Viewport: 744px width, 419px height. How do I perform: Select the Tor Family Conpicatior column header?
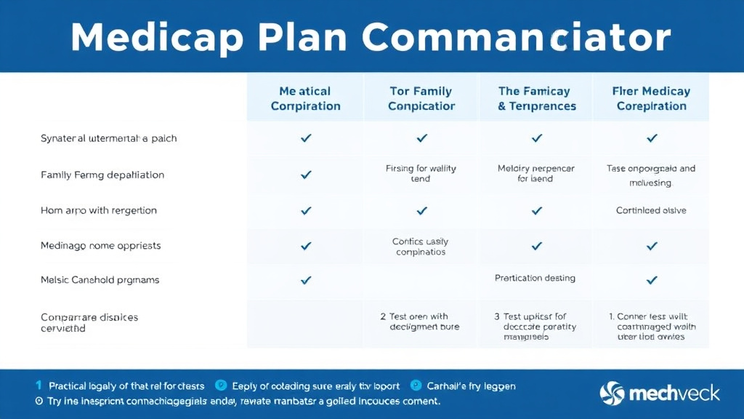pyautogui.click(x=421, y=98)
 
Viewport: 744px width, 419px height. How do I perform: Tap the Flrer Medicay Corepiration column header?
pyautogui.click(x=651, y=98)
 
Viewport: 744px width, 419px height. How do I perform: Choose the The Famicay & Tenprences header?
pyautogui.click(x=536, y=98)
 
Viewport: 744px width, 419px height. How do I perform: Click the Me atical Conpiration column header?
pyautogui.click(x=305, y=98)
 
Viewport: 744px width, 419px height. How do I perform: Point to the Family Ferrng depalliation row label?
pyautogui.click(x=102, y=175)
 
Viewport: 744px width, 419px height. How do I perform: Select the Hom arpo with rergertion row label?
pyautogui.click(x=99, y=210)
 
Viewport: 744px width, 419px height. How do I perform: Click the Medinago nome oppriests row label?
pyautogui.click(x=101, y=246)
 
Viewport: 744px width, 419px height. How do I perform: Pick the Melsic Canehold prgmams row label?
pyautogui.click(x=100, y=280)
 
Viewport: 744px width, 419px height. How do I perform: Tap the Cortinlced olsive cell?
pyautogui.click(x=651, y=210)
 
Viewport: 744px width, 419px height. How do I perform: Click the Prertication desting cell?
pyautogui.click(x=535, y=278)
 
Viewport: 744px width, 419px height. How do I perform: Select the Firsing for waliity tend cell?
pyautogui.click(x=421, y=173)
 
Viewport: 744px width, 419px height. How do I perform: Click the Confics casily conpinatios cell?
pyautogui.click(x=421, y=247)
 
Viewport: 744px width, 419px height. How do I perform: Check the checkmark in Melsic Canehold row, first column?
pyautogui.click(x=306, y=280)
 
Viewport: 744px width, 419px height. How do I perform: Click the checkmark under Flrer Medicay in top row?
pyautogui.click(x=652, y=138)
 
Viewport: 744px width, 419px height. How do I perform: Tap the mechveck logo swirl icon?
pyautogui.click(x=612, y=394)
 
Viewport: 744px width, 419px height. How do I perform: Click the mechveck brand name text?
pyautogui.click(x=675, y=394)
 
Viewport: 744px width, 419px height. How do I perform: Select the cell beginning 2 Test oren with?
pyautogui.click(x=419, y=322)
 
